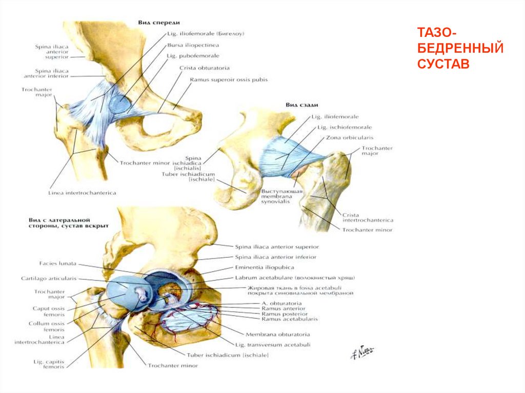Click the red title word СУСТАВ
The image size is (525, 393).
443,65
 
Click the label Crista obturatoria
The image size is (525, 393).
204,68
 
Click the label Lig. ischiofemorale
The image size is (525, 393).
345,127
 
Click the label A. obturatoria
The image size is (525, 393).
281,303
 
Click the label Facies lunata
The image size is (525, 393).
57,263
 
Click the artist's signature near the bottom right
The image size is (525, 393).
362,352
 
